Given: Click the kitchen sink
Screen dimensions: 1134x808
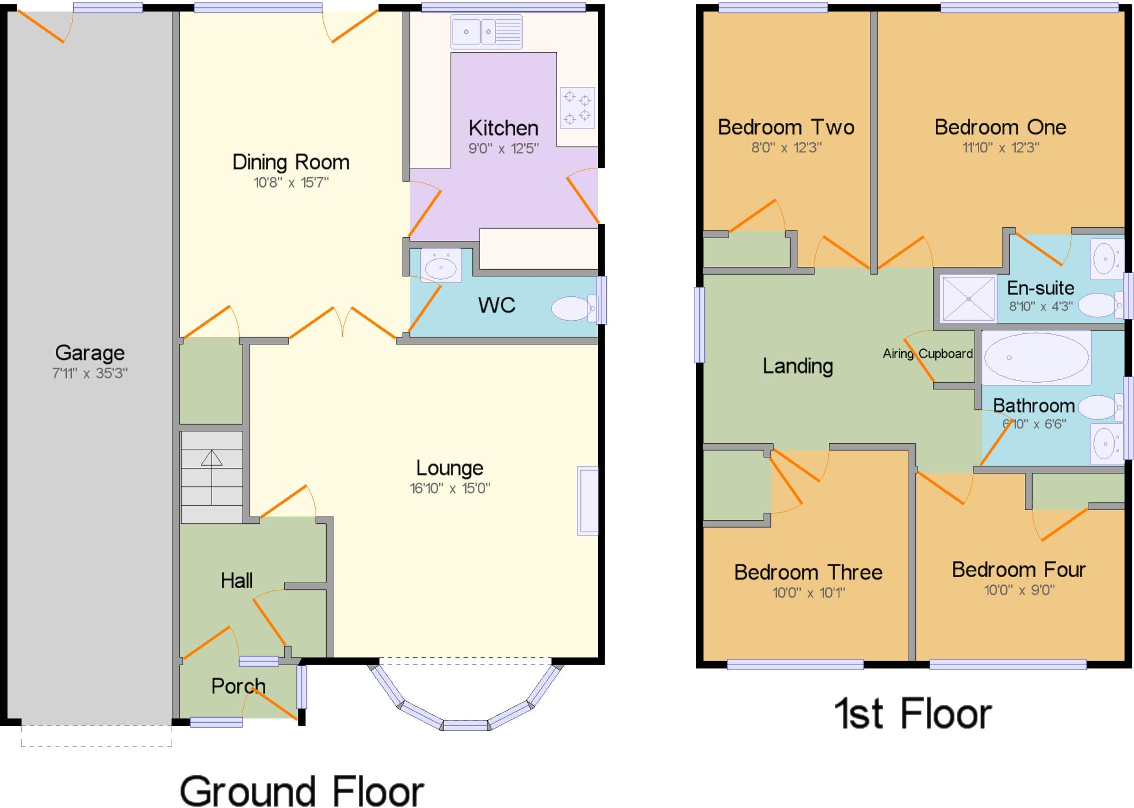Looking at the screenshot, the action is pos(486,32).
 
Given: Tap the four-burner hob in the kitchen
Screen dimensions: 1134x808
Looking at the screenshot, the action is pos(577,107).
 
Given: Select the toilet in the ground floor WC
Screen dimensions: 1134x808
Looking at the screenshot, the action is pos(574,308).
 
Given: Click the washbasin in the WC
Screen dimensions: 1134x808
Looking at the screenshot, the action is pos(441,266).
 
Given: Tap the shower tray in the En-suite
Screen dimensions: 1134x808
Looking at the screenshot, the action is pos(968,299).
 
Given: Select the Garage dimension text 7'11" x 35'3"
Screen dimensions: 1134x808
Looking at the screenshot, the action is pos(90,373).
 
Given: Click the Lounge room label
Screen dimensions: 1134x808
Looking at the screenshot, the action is pos(450,468).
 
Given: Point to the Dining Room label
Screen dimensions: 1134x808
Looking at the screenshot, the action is pos(291,162).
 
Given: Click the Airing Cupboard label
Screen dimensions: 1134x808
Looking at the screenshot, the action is pos(927,353).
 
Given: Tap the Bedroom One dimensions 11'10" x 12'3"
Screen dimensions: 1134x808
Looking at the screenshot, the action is pos(1000,147).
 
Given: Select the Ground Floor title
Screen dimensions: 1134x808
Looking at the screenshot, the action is pos(302,791).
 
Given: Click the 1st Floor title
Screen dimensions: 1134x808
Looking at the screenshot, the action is pos(913,713).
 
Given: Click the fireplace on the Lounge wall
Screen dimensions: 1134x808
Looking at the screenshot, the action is pos(587,501).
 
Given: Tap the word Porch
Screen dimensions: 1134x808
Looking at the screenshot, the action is pos(238,686).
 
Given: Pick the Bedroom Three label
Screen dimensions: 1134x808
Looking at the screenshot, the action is pos(808,572).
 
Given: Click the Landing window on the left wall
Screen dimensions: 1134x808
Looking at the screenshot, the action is pos(699,325).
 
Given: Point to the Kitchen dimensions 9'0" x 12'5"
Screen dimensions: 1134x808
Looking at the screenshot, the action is pos(503,148).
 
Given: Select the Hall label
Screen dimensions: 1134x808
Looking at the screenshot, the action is pos(236,580).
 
